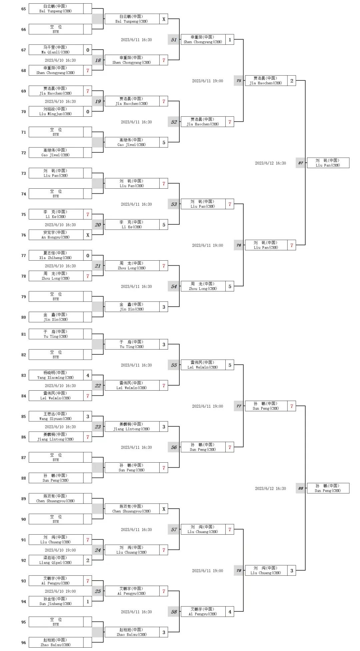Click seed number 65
tap(23, 9)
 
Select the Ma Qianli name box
tap(56, 50)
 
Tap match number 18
tap(98, 60)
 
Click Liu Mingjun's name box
tap(56, 111)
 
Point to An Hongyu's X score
tap(88, 235)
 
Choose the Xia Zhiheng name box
tap(56, 255)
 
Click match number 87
tap(301, 163)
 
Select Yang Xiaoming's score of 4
tap(88, 375)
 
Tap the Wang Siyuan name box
tap(56, 416)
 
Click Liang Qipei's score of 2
tap(88, 560)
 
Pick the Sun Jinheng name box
tap(56, 601)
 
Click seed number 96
tap(23, 643)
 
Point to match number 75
tap(239, 81)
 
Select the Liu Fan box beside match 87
tap(328, 163)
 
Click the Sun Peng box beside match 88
tap(328, 488)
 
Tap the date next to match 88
tap(270, 488)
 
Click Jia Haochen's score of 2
tap(292, 81)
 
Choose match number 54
tap(174, 286)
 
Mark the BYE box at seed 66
tap(56, 29)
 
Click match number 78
tap(239, 571)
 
